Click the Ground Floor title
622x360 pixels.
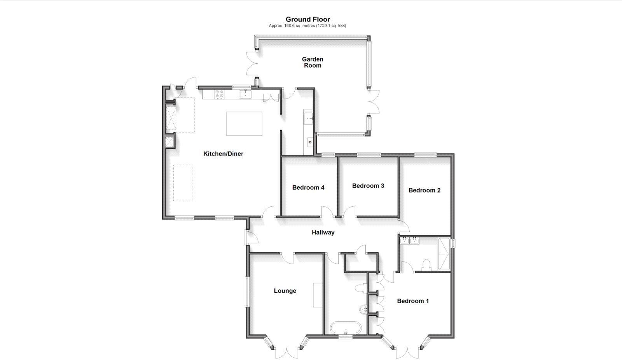point(308,19)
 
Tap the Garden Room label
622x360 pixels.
point(313,62)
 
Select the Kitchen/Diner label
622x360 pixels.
point(223,154)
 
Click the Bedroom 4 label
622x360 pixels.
point(308,187)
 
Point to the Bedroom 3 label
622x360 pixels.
point(368,186)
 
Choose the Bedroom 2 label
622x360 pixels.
point(424,190)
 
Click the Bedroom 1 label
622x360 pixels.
point(412,301)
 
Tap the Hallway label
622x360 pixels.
point(323,232)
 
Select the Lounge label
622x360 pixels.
point(285,291)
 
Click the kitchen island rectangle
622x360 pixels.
point(244,124)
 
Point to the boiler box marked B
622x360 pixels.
point(310,142)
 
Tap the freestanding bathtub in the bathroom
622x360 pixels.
point(346,329)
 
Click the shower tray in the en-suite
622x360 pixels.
point(444,254)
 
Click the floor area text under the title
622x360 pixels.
point(307,26)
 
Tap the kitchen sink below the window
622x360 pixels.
point(245,94)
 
